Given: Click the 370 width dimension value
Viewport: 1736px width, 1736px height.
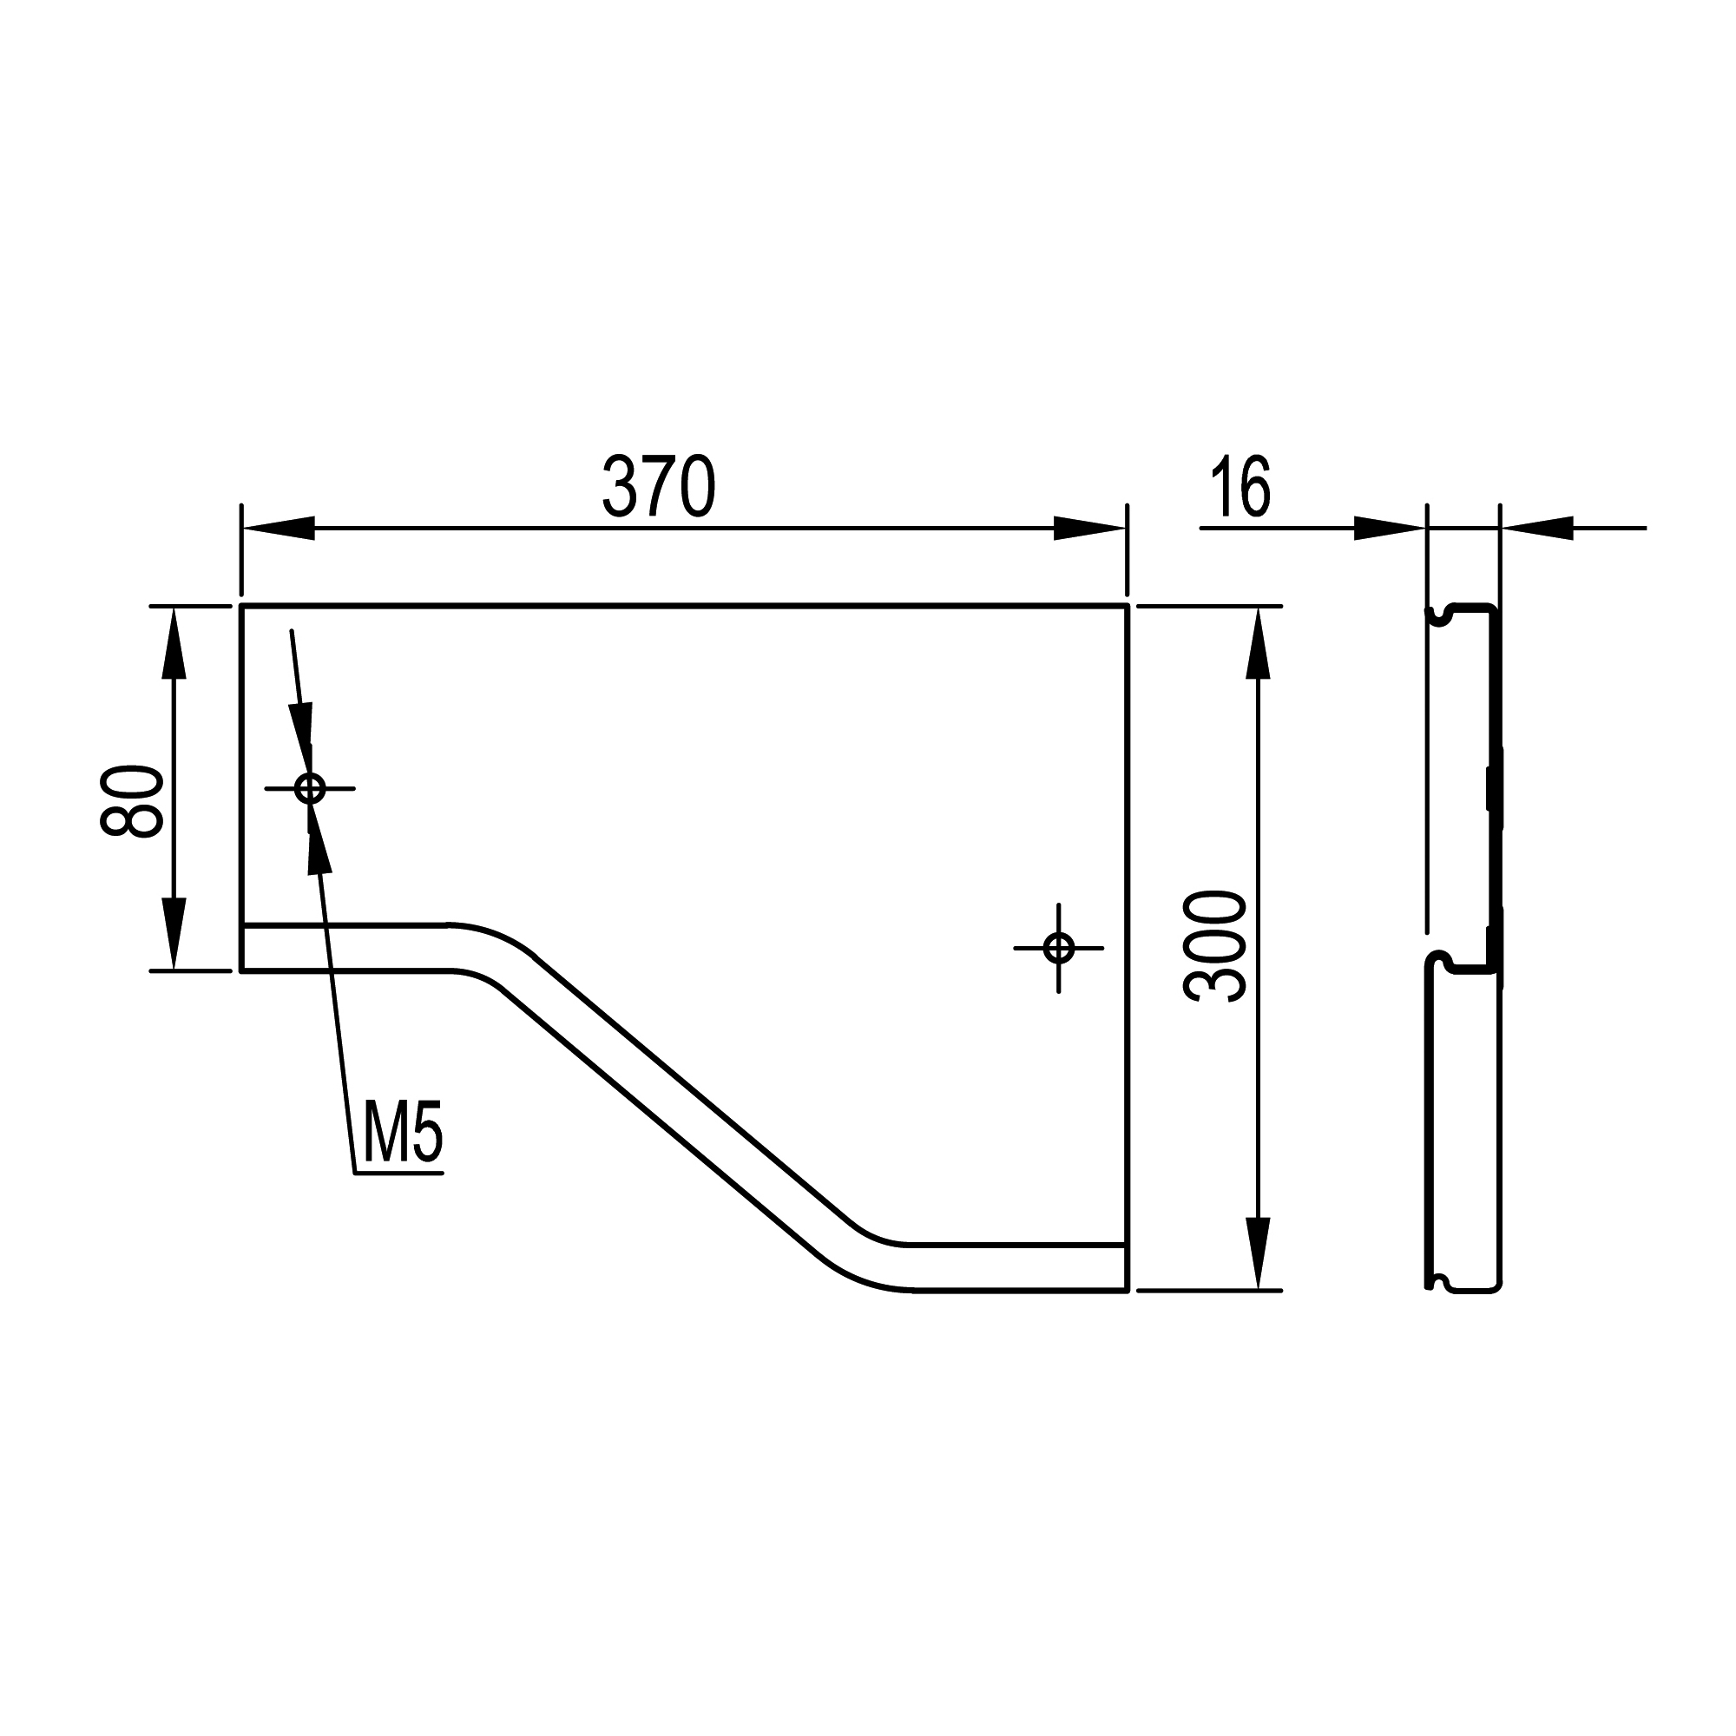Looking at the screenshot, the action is click(x=659, y=486).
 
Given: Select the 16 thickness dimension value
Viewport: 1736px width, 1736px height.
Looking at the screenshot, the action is click(x=1241, y=486).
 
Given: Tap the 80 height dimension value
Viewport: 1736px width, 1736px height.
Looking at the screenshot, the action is click(x=132, y=801).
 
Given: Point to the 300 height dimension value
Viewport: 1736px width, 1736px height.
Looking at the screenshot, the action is click(x=1216, y=946).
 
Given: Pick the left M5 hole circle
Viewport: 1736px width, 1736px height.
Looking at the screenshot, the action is click(x=310, y=789).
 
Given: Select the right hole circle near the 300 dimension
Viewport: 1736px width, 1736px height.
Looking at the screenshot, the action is click(x=1059, y=947).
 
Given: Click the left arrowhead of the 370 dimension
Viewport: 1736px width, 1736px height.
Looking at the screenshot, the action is click(x=279, y=529).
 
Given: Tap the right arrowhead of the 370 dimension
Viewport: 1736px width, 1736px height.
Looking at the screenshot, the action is click(x=1089, y=529).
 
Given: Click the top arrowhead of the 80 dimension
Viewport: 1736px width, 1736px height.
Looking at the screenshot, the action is click(x=174, y=643).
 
